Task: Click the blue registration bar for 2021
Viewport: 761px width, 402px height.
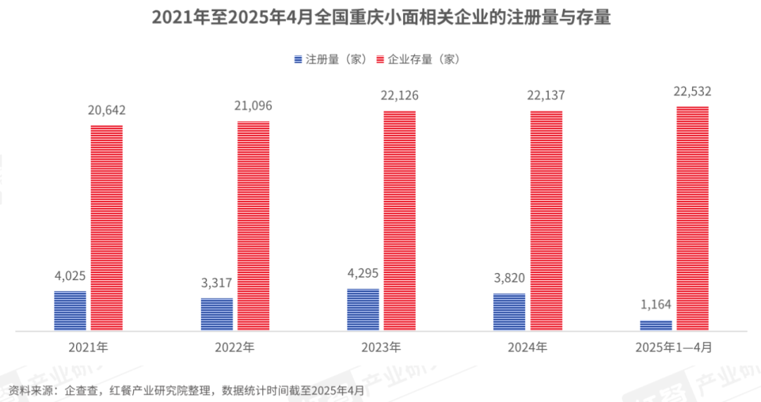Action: [70, 310]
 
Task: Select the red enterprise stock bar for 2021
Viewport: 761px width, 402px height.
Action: [106, 227]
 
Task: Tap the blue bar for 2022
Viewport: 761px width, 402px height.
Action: [216, 314]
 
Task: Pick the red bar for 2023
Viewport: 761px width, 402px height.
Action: [400, 220]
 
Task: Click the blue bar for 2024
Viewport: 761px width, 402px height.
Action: [509, 312]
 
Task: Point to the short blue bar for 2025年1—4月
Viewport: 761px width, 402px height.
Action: [655, 325]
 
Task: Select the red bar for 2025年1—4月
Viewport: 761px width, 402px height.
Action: [692, 218]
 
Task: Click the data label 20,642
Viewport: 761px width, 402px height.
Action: [106, 110]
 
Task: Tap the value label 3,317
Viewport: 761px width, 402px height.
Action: [216, 283]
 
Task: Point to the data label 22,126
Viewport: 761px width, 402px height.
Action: [400, 96]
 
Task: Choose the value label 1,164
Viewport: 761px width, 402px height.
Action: [655, 305]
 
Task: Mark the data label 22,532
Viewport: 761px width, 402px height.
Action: [692, 91]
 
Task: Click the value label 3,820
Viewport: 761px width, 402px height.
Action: [509, 278]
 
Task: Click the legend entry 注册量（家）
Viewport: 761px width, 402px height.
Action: [330, 59]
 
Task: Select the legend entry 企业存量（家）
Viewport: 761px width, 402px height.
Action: [419, 59]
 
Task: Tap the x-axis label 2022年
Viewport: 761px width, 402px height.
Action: [235, 347]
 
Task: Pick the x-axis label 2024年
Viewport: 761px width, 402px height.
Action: [527, 347]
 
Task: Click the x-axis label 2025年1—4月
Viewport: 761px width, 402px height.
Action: [674, 347]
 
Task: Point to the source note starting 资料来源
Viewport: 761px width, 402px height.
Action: [186, 389]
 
